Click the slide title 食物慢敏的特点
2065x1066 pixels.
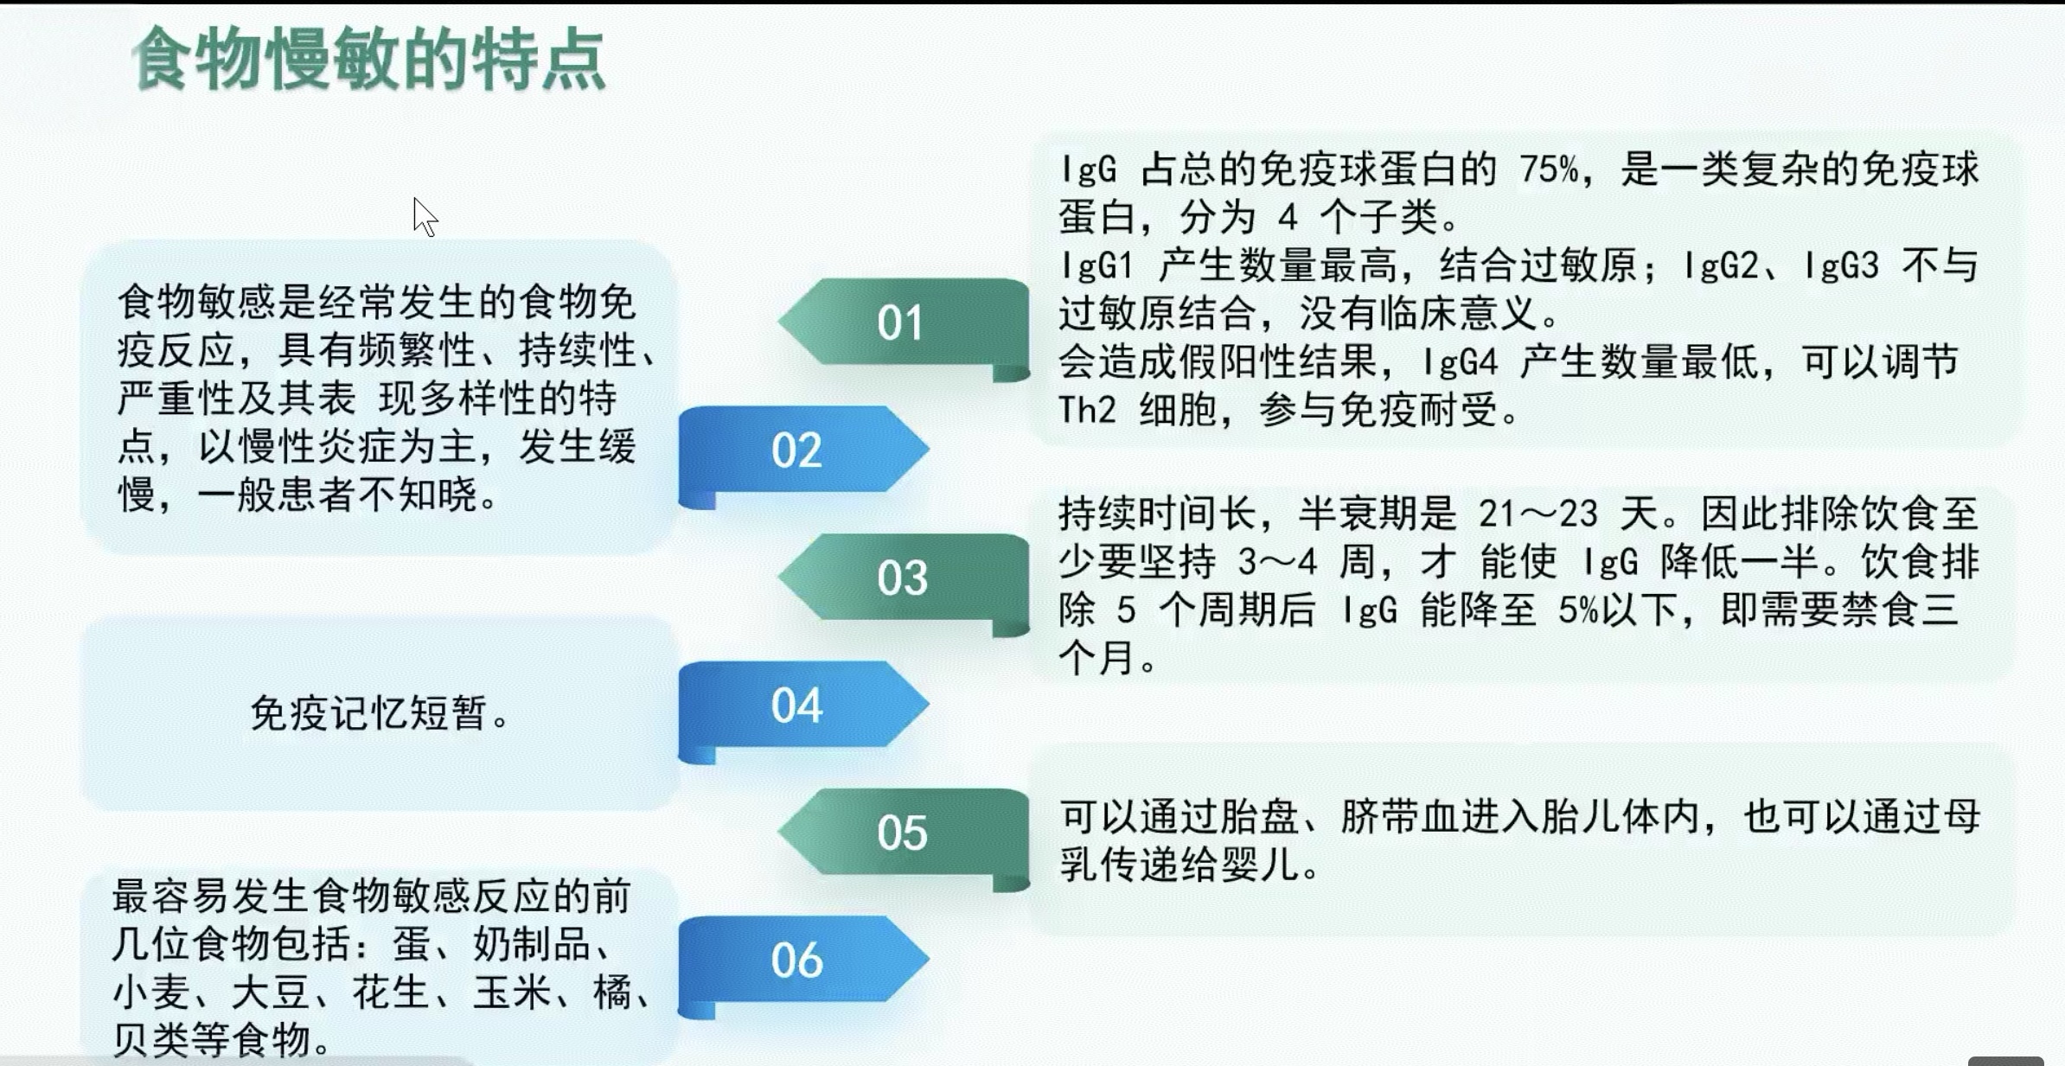coord(368,59)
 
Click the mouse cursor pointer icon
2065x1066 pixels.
coord(425,217)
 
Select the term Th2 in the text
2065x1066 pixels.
coord(1087,410)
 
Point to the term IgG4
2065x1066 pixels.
coord(1461,362)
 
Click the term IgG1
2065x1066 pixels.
coord(1096,265)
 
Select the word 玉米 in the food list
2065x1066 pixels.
coord(512,992)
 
